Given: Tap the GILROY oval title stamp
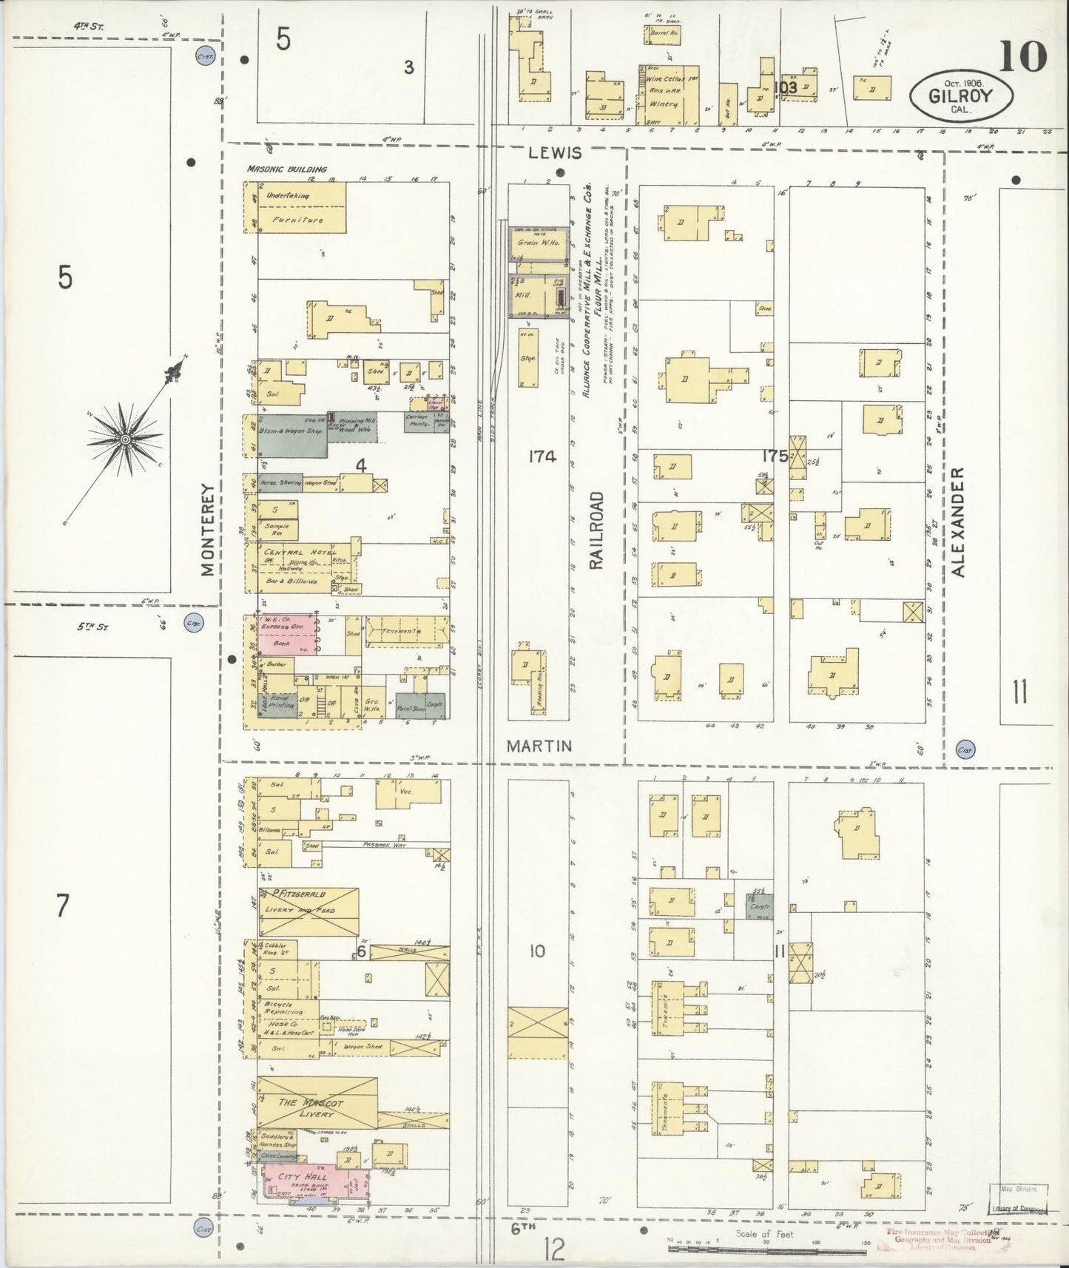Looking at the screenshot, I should tap(960, 95).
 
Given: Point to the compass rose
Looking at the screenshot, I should tap(126, 439).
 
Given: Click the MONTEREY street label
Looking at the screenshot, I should tap(206, 529).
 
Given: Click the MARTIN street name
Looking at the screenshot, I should tap(539, 746).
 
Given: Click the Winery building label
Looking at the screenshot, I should tap(662, 104).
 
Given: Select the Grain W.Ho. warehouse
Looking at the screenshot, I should tap(537, 243).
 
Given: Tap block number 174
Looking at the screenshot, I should tap(542, 456).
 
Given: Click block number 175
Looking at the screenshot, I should tap(775, 456).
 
